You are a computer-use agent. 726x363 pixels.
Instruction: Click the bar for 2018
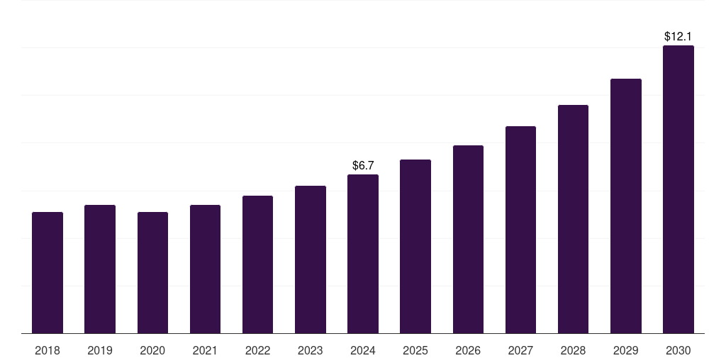[48, 273]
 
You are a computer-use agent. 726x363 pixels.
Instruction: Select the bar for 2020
[152, 273]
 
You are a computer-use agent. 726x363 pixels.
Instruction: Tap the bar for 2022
[257, 264]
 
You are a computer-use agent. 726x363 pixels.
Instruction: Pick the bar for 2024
[363, 254]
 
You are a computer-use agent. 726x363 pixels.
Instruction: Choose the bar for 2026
[468, 240]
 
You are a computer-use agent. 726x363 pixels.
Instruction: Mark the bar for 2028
[573, 219]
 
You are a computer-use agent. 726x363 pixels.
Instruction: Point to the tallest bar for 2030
[678, 189]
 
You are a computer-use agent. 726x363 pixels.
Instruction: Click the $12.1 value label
[678, 36]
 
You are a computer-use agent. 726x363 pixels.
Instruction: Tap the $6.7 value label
[363, 165]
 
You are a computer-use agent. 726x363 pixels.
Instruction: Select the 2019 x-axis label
[100, 350]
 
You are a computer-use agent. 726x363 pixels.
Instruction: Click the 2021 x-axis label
[205, 350]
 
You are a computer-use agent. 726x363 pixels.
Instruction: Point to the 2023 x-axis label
[311, 350]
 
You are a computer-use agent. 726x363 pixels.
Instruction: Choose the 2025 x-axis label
[415, 350]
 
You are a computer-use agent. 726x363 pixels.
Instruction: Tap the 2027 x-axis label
[520, 350]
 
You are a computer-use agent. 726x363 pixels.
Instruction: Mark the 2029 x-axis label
[626, 350]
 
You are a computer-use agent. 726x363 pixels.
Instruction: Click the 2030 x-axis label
[678, 350]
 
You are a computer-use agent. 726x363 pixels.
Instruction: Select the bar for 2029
[626, 206]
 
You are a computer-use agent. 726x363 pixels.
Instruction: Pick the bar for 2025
[415, 247]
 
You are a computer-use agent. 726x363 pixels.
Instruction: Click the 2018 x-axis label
[48, 350]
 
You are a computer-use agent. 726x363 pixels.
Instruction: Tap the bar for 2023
[311, 259]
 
